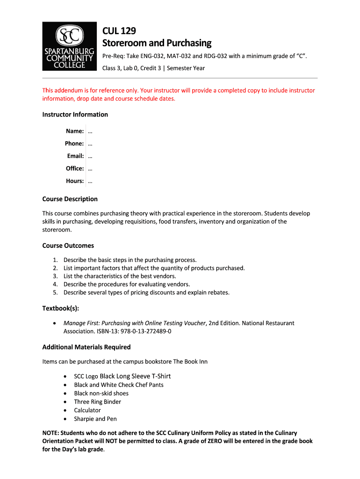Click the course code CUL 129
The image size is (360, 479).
coord(119,31)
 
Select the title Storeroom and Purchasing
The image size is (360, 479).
coord(157,44)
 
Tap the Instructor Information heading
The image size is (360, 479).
coord(75,115)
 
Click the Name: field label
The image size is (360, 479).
coord(75,131)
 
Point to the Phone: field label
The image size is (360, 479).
coord(74,144)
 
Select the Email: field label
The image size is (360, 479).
coord(75,156)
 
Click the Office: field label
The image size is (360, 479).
coord(75,168)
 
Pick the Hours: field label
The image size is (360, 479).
coord(75,181)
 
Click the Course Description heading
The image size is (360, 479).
coord(70,199)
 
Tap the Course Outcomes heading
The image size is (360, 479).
coord(68,246)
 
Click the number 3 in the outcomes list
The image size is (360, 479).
coord(55,276)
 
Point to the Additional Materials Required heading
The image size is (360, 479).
coord(86,347)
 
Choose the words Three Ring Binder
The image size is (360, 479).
coord(97,402)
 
